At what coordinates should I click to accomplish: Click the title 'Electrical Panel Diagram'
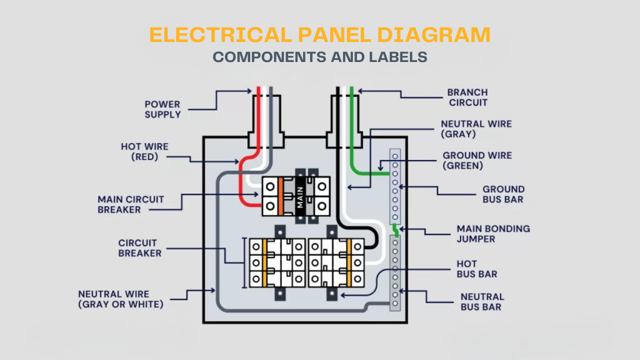pos(320,35)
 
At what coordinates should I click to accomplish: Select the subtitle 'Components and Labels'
pos(320,57)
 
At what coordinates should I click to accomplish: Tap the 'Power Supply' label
pos(162,109)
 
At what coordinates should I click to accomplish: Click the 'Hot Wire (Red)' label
pos(144,151)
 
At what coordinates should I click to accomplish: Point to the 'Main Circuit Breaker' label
pos(131,204)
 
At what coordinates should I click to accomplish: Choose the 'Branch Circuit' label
pos(467,97)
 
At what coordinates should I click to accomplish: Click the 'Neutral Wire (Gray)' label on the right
pos(476,129)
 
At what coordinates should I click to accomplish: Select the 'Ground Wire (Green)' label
pos(477,160)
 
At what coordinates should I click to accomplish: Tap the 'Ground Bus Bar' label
pos(503,194)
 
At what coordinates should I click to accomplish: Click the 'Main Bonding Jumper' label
pos(493,233)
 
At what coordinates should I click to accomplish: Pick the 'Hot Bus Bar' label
pos(476,269)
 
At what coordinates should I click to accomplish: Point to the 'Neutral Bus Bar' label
pos(482,302)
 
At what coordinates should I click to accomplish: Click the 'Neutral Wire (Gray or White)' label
pos(120,299)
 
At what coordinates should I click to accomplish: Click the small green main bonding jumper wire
pos(395,230)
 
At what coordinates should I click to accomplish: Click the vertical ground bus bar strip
pos(395,186)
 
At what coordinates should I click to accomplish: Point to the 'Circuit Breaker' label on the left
pos(139,248)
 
